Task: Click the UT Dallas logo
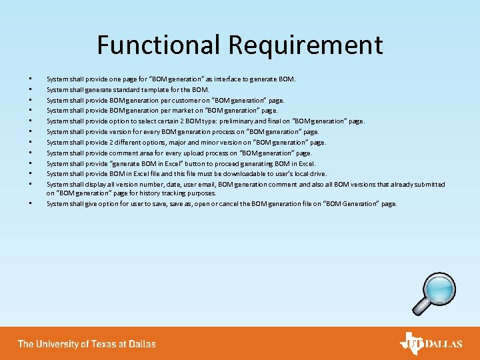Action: coord(431,344)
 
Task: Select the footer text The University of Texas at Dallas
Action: coord(87,344)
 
